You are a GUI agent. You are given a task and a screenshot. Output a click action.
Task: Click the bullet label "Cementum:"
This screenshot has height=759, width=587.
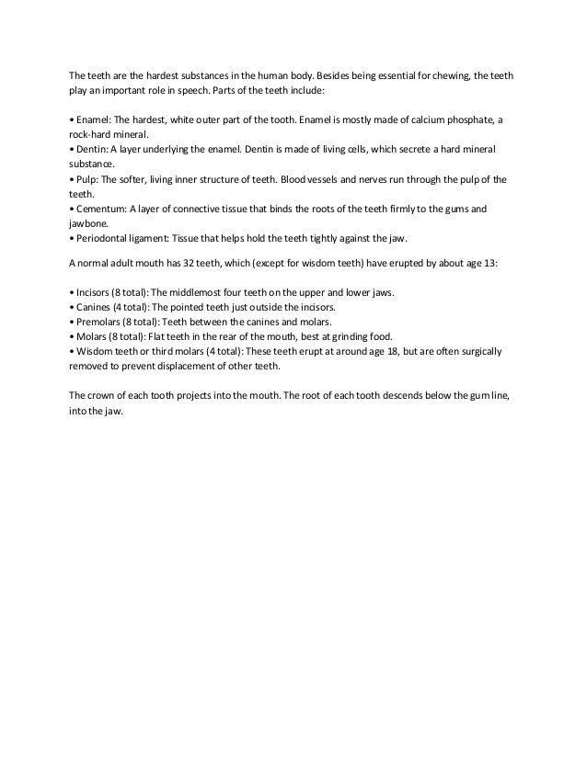[x=102, y=209]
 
